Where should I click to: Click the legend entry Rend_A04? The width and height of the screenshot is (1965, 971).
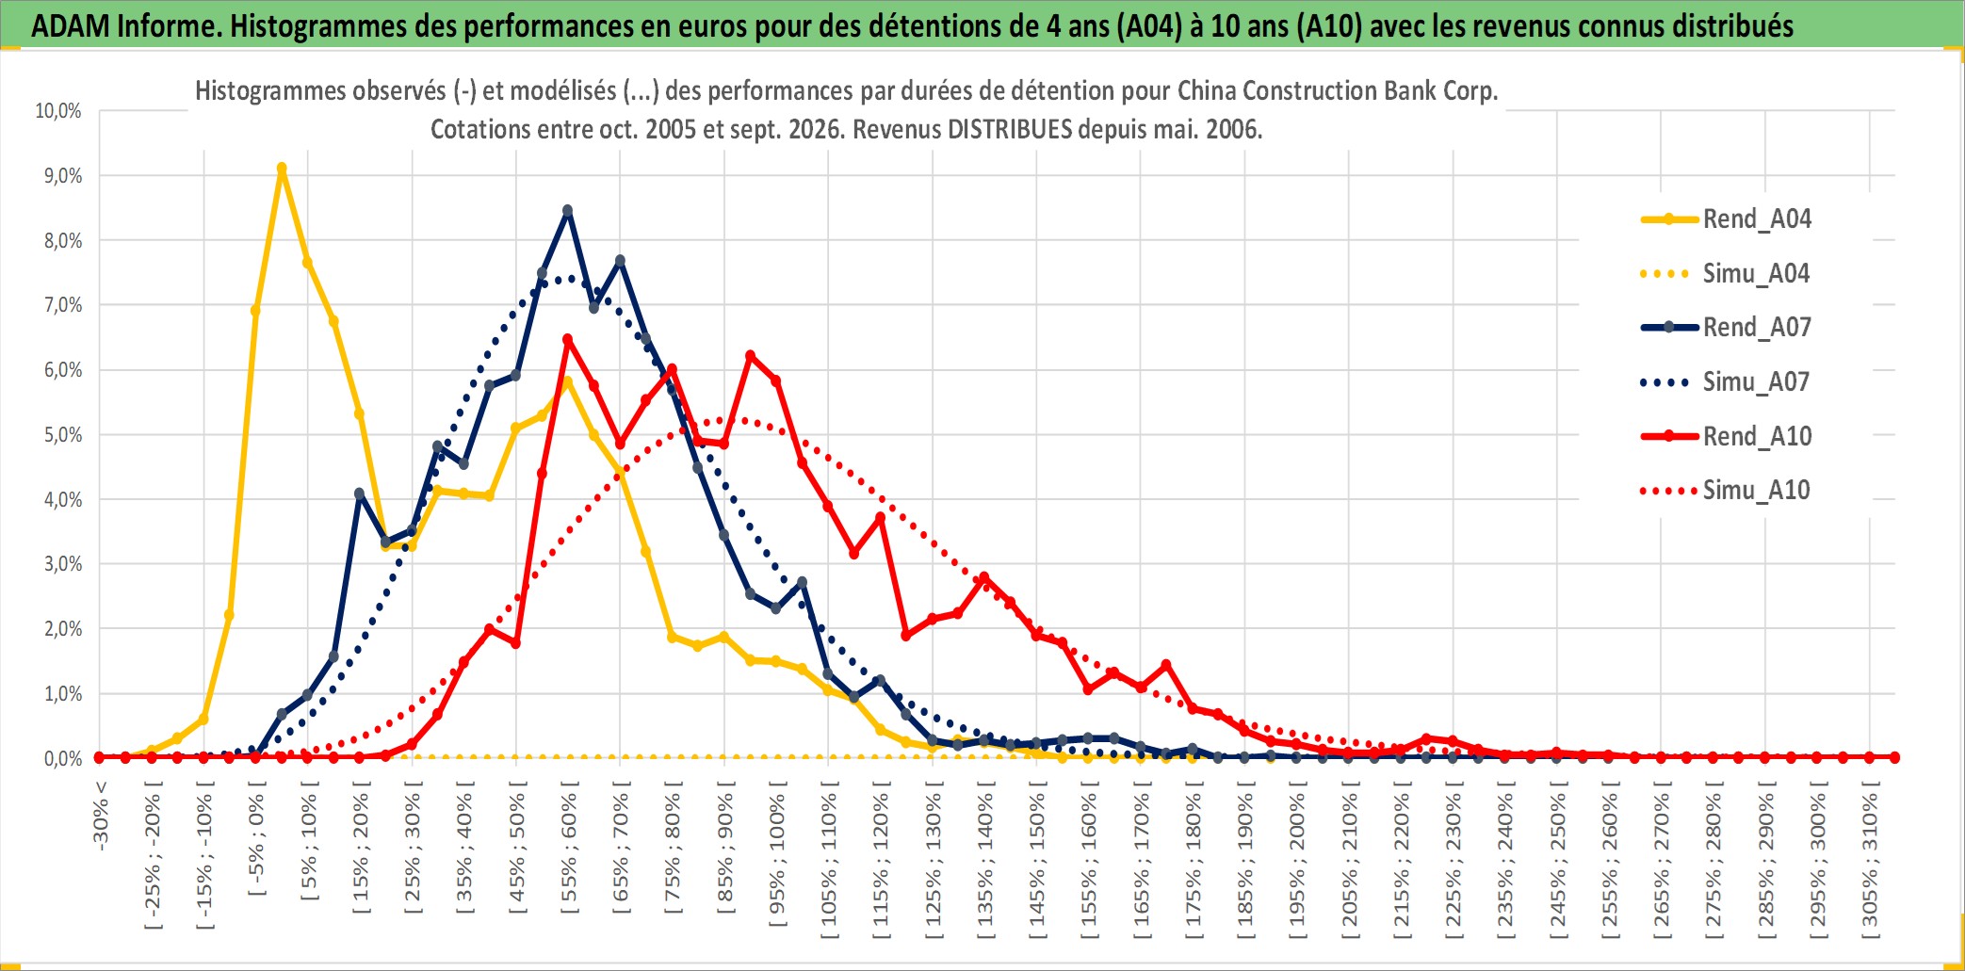[x=1726, y=219]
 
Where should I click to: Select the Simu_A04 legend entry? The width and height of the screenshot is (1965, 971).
[x=1726, y=274]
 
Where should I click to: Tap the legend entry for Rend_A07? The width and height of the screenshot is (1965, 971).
[x=1726, y=328]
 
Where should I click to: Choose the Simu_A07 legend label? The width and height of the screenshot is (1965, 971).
[x=1726, y=382]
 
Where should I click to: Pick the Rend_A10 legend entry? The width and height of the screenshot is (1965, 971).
[x=1726, y=437]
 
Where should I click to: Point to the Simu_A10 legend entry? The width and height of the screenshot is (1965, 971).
[x=1726, y=491]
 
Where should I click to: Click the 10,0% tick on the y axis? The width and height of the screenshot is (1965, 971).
[x=58, y=111]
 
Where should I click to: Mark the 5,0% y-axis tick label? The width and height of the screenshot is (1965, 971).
[x=63, y=435]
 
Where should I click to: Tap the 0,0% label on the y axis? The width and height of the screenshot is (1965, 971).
[x=63, y=759]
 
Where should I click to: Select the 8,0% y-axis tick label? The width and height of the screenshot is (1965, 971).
[x=63, y=241]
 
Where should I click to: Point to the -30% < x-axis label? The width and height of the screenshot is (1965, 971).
[x=101, y=816]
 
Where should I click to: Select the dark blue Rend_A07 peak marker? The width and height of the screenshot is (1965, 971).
[x=567, y=211]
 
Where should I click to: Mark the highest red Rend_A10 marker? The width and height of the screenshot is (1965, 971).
[x=567, y=340]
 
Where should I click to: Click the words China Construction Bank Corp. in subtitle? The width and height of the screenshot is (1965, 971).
[x=1338, y=91]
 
